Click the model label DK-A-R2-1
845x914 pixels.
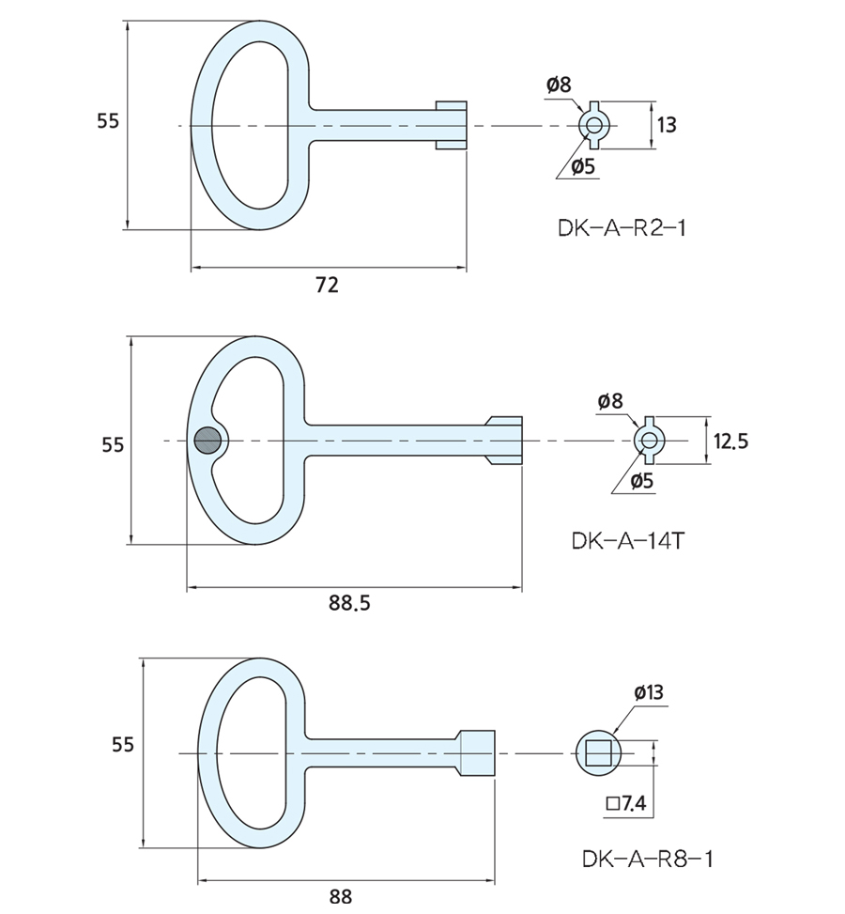[x=621, y=227]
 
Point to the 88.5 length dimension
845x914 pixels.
[x=349, y=603]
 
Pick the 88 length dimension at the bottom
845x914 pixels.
[x=340, y=896]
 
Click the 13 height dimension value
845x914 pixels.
[x=667, y=124]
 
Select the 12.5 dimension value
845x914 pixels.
[x=730, y=441]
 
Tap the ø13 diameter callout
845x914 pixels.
[x=648, y=692]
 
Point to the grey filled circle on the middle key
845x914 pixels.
[x=207, y=440]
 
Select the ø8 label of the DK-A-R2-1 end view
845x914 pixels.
[x=558, y=85]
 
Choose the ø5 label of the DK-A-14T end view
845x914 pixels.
[x=642, y=481]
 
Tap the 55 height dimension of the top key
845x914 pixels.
[x=108, y=121]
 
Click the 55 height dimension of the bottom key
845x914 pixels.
[x=123, y=745]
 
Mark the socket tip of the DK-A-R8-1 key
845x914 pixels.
[x=476, y=753]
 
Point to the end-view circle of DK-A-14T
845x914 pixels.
[x=650, y=439]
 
